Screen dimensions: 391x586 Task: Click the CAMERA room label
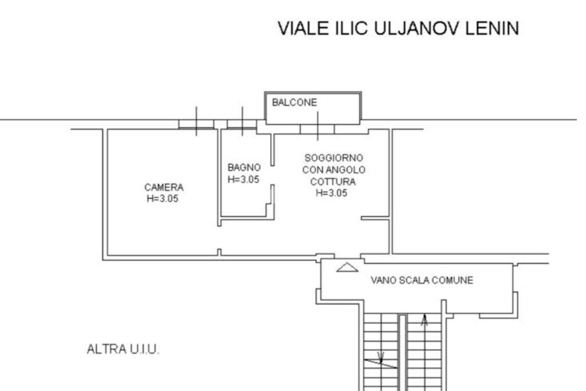pyautogui.click(x=164, y=187)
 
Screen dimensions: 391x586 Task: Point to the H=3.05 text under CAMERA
pyautogui.click(x=164, y=198)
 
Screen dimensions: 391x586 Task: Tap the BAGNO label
pyautogui.click(x=244, y=168)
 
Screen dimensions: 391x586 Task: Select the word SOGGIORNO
pyautogui.click(x=334, y=157)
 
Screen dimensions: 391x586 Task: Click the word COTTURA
pyautogui.click(x=332, y=182)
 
